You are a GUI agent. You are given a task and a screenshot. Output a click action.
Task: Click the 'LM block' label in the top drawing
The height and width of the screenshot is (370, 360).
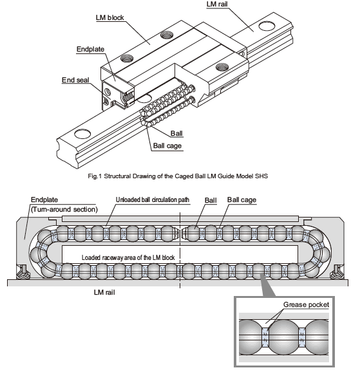click(x=110, y=18)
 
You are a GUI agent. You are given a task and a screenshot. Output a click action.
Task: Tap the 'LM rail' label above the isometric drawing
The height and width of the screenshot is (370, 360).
click(x=217, y=5)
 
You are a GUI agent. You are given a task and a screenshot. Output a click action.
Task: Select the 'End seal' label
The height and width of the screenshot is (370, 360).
click(x=75, y=80)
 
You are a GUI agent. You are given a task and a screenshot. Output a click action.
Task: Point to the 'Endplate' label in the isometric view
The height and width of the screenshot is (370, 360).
click(x=90, y=49)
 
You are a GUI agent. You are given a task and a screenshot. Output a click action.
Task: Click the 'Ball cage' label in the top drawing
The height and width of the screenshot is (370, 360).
click(x=167, y=145)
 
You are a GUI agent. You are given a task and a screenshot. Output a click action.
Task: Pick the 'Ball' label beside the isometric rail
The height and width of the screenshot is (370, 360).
click(x=176, y=133)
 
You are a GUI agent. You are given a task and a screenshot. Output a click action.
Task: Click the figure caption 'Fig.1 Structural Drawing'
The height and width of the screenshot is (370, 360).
click(x=178, y=176)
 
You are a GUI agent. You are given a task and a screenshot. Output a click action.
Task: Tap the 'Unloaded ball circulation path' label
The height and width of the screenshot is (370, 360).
click(x=153, y=200)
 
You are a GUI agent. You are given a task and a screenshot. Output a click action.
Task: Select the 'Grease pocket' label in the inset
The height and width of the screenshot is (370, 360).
click(x=306, y=304)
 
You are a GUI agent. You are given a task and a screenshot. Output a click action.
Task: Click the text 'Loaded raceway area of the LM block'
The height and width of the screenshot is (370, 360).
click(x=128, y=257)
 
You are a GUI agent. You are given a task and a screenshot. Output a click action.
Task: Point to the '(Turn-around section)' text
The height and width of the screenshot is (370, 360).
click(x=64, y=210)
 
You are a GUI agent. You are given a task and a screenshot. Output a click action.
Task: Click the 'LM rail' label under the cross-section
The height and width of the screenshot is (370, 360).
click(x=104, y=292)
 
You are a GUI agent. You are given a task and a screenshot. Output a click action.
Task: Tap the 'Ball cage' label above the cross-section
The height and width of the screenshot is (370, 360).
click(x=242, y=200)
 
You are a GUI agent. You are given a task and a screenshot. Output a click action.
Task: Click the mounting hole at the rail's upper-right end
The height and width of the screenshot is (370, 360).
click(x=267, y=26)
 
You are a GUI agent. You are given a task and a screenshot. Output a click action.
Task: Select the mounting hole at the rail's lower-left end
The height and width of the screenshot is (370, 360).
click(x=82, y=134)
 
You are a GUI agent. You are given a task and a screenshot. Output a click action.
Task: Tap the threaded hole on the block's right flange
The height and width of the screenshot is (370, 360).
click(x=223, y=67)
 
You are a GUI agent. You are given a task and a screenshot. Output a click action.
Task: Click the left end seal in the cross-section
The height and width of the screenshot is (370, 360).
click(x=23, y=272)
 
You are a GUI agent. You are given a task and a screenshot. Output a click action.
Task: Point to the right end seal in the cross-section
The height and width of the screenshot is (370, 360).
click(x=337, y=272)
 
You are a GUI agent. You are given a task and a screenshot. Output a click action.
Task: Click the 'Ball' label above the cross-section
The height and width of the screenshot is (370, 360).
click(x=211, y=200)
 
